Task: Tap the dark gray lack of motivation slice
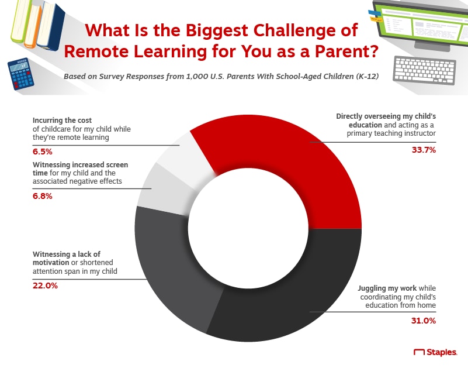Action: (167, 266)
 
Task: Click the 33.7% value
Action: (424, 150)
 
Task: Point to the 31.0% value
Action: (423, 321)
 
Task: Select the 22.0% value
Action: (45, 286)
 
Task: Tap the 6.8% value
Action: (43, 196)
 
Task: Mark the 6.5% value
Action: (43, 152)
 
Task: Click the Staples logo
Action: (435, 352)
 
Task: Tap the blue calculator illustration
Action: (20, 74)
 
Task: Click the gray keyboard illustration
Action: (424, 70)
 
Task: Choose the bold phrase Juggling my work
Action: (387, 288)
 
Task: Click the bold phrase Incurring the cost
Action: (62, 120)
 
